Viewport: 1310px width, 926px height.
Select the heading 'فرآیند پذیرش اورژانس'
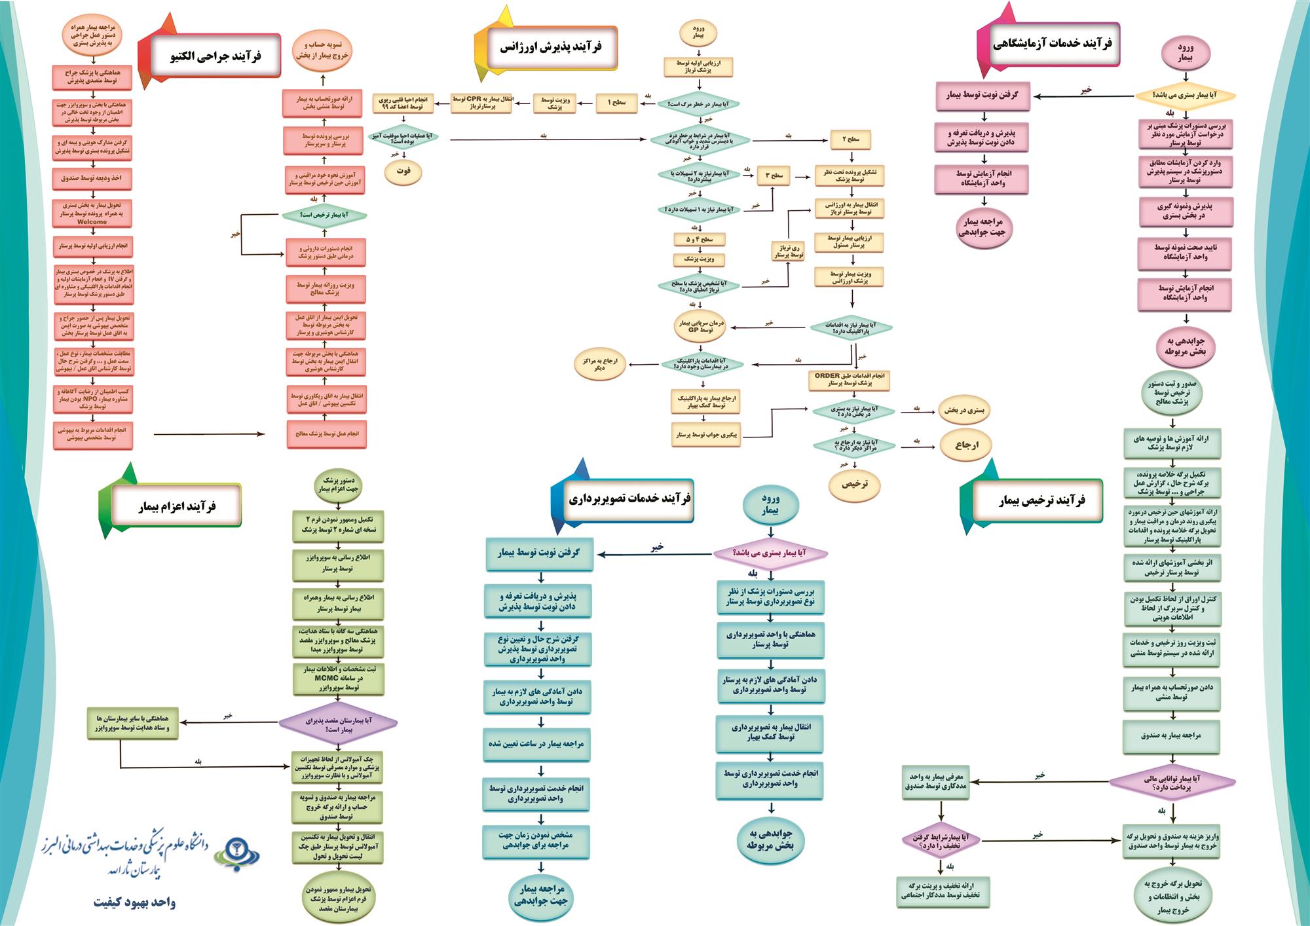coord(550,47)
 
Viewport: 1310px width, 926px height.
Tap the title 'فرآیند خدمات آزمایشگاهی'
coord(1052,44)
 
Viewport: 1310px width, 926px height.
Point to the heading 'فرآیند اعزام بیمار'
coord(176,506)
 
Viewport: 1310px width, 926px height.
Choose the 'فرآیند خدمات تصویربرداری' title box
coord(629,499)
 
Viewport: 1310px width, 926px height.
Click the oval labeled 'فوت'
coord(403,171)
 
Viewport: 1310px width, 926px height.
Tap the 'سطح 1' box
coord(616,103)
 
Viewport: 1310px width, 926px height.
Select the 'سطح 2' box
coord(851,139)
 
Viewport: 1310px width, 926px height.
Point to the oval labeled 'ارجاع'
coord(966,445)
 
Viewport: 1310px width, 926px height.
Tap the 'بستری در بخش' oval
coord(964,411)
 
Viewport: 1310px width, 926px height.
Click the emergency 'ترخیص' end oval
coord(855,484)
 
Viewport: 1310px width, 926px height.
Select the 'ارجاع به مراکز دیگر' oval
coord(599,364)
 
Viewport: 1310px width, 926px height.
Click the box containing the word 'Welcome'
coord(92,213)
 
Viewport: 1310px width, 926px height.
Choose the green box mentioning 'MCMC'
coord(338,679)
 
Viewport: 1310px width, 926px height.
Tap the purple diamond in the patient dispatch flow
coord(338,723)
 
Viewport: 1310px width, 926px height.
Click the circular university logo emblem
coord(237,852)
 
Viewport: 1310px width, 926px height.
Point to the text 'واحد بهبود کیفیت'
coord(134,902)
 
